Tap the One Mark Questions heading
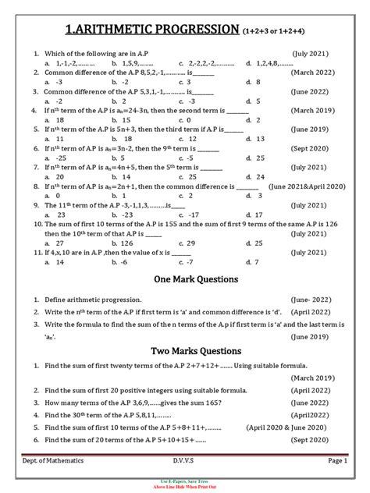[184, 278]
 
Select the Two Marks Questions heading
[184, 351]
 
